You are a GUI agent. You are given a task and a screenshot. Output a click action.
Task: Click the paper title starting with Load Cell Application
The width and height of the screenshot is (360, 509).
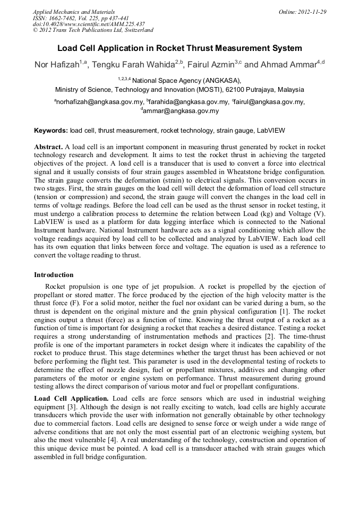[179, 48]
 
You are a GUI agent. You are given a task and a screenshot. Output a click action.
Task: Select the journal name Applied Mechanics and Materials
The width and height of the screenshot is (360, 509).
[73, 12]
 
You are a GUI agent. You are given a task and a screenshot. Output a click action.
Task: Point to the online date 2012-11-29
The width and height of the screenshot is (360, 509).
[306, 12]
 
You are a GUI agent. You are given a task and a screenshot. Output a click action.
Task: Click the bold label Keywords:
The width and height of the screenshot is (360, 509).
[51, 130]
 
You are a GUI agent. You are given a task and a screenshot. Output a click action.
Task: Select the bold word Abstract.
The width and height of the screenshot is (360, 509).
[48, 146]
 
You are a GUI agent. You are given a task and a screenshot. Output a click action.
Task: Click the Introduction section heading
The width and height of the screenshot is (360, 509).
[54, 275]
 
